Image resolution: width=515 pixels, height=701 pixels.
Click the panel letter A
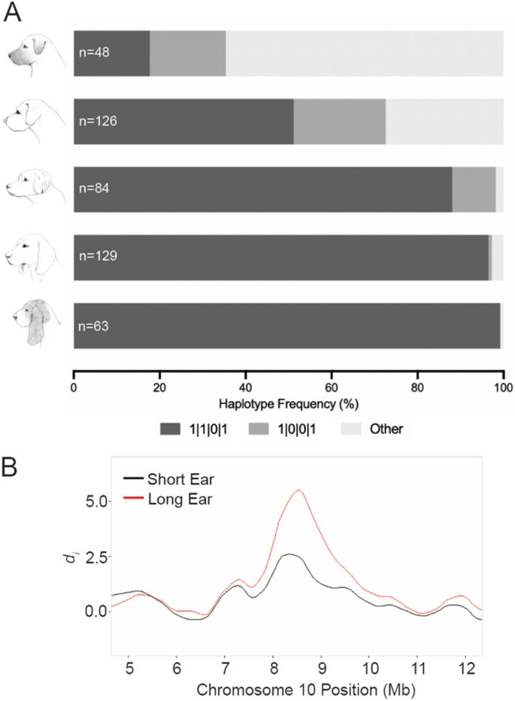(16, 13)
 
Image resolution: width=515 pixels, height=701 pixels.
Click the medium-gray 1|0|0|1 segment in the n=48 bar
(188, 53)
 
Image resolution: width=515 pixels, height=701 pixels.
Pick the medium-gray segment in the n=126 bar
(339, 120)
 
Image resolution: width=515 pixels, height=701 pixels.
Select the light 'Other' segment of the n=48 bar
(364, 53)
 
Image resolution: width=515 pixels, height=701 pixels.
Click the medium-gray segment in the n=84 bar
(474, 189)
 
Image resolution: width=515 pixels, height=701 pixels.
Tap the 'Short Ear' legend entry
(174, 479)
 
